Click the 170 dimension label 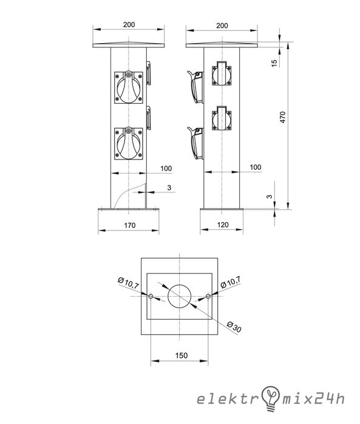[x=128, y=225]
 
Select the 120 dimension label [x=223, y=225]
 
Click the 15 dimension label [x=274, y=62]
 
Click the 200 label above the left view [x=128, y=25]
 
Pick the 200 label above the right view [x=222, y=25]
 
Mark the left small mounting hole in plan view [x=151, y=297]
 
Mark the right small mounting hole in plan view [x=209, y=297]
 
